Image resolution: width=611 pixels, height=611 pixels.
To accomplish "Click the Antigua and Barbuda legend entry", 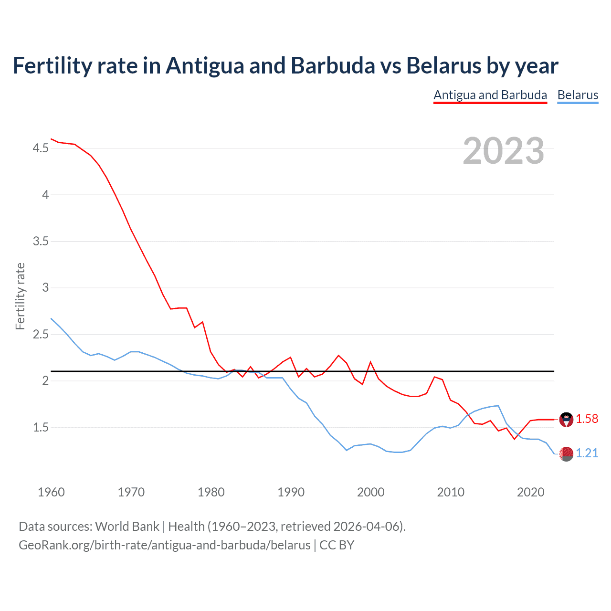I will coord(490,95).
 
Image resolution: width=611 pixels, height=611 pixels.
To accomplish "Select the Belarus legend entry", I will coord(578,95).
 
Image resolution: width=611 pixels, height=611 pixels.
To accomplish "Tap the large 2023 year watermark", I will coord(503,151).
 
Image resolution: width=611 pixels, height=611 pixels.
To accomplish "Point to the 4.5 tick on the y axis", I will coord(41,148).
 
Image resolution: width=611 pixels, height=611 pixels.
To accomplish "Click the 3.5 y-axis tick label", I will coord(41,242).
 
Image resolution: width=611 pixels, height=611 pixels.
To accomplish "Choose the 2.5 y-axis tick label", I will coord(41,334).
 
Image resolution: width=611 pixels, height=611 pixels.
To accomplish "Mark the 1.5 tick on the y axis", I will coord(41,427).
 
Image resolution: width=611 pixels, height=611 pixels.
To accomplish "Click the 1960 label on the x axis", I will coord(51,492).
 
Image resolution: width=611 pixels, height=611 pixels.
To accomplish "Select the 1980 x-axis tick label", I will coord(211,492).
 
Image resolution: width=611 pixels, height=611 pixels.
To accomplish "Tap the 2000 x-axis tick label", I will coord(370,492).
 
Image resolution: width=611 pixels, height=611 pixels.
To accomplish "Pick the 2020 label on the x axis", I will coord(530,492).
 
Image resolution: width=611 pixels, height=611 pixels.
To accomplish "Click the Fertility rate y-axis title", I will coord(20,296).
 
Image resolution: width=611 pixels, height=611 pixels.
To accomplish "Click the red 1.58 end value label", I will coord(587,419).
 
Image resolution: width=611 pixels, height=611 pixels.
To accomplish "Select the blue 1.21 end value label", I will coord(587,453).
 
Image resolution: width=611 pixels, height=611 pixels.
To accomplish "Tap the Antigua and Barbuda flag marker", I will coord(566,420).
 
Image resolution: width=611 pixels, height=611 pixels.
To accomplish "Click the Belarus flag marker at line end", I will coord(566,454).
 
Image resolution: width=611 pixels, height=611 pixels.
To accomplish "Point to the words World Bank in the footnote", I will coord(127,527).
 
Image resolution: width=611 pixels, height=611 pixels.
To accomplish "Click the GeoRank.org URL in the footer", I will coord(164,545).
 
